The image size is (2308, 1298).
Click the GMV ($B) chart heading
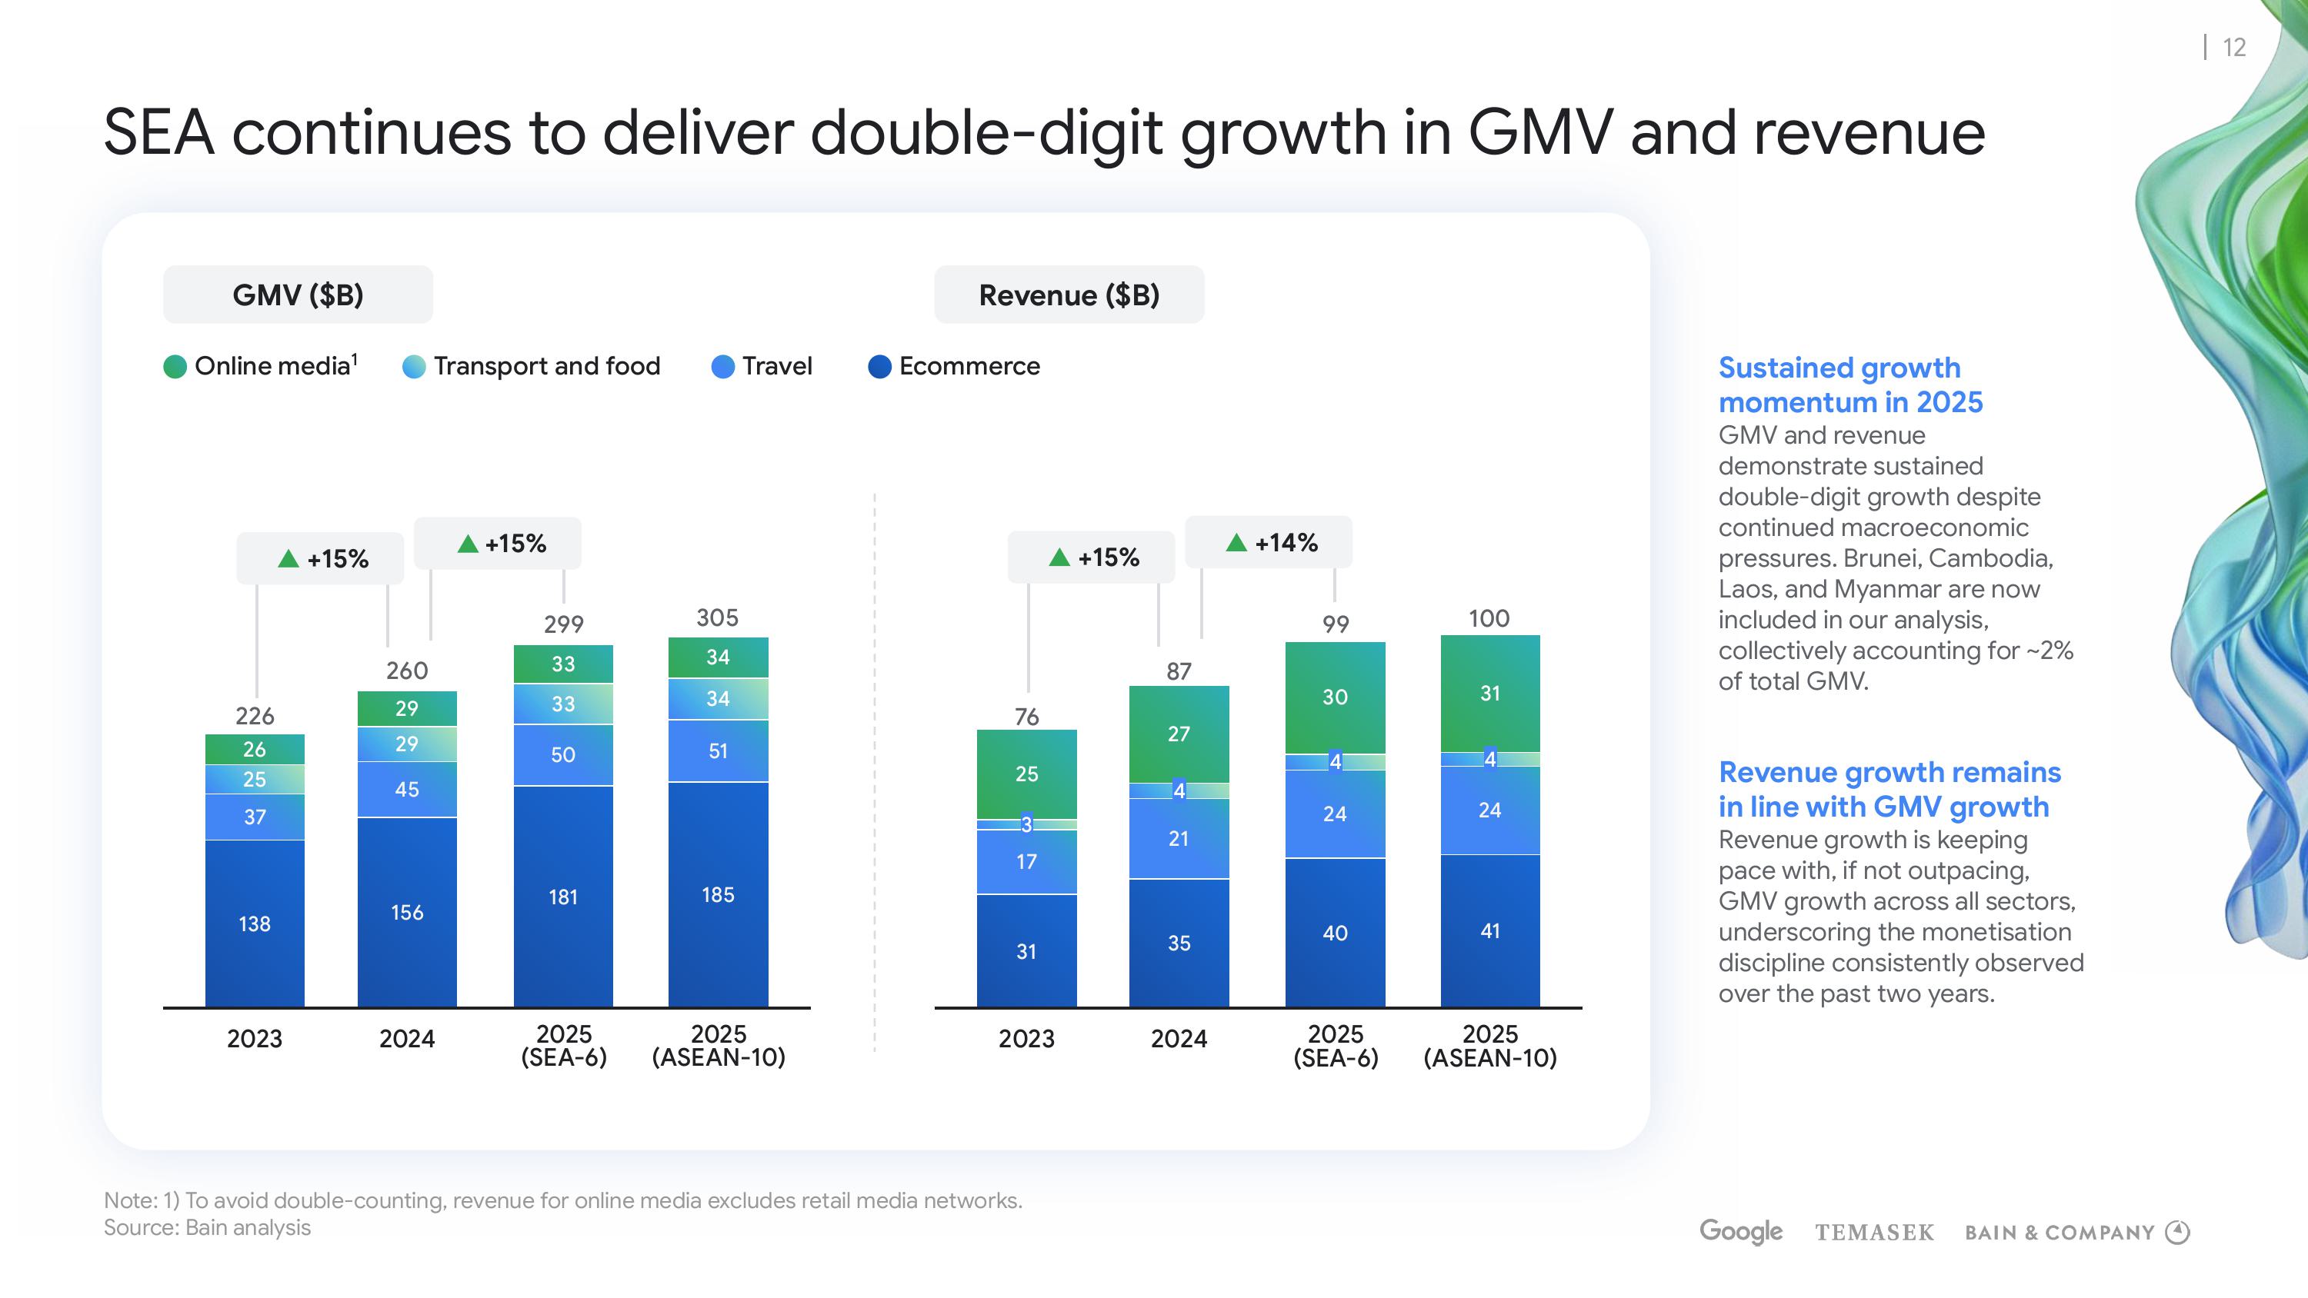coord(298,295)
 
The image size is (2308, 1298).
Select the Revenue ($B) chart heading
coord(1069,295)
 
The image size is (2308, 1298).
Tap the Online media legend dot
coord(175,366)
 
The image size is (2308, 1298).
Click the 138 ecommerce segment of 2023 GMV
coord(255,924)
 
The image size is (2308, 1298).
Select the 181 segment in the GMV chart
coord(562,897)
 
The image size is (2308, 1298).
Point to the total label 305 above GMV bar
coord(718,617)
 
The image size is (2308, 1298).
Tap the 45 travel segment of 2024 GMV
coord(407,789)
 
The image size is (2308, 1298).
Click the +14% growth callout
coord(1269,542)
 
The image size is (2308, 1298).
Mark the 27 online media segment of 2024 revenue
coord(1179,734)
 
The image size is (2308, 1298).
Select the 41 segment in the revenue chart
coord(1490,930)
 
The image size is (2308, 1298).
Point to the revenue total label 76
coord(1027,716)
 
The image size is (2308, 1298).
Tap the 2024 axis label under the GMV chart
coord(407,1038)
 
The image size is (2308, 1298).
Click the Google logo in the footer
coord(1741,1232)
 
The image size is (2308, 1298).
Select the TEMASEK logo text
coord(1874,1233)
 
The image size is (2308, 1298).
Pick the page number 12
coord(2235,48)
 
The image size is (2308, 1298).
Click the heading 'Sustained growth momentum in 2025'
coord(1850,384)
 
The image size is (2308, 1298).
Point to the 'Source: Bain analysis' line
coord(207,1227)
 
